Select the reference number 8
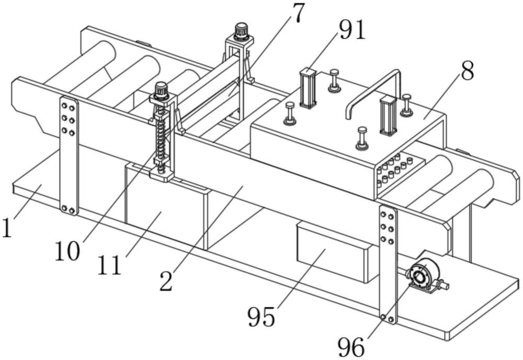[467, 71]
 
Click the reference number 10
[68, 251]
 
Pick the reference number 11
[110, 265]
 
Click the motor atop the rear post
[241, 31]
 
